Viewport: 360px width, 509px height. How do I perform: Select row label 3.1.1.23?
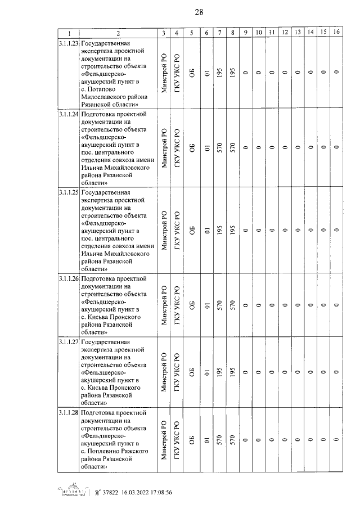tap(68, 43)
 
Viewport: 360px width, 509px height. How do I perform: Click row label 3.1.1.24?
tap(68, 114)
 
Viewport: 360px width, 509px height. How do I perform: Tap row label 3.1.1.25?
tap(68, 192)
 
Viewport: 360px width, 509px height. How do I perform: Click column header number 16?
tap(336, 33)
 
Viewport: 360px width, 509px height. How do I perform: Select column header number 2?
tap(118, 33)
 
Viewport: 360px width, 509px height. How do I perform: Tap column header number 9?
tap(246, 33)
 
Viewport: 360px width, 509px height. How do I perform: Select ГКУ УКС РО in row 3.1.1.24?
tap(177, 148)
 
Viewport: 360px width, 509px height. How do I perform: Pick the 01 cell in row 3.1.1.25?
tap(207, 230)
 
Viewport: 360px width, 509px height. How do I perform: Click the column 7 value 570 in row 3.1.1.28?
tap(220, 442)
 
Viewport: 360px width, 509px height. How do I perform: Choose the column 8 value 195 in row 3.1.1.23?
tap(232, 73)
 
